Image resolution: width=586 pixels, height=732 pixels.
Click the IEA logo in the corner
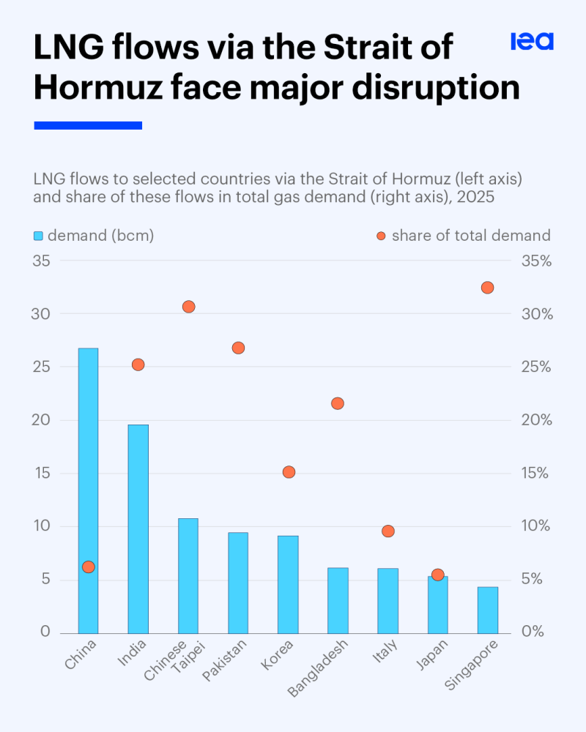click(x=532, y=42)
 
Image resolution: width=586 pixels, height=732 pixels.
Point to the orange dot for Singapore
click(x=487, y=288)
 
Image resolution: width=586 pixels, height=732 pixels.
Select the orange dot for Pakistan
click(x=238, y=348)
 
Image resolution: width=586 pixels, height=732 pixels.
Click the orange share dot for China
click(x=89, y=567)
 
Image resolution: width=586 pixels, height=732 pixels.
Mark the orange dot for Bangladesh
click(x=338, y=403)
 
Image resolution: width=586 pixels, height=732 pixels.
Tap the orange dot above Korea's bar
click(x=289, y=472)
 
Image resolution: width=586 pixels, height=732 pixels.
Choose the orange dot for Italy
click(x=388, y=531)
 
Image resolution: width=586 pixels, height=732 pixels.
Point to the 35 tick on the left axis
click(x=42, y=261)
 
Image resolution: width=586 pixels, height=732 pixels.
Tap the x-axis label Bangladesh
click(x=318, y=669)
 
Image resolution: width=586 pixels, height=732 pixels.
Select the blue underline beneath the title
click(x=88, y=126)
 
